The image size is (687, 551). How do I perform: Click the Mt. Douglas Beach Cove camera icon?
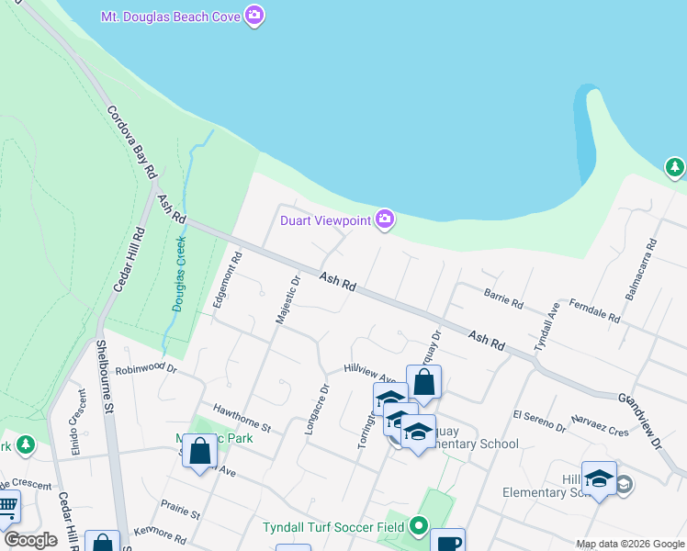point(254,15)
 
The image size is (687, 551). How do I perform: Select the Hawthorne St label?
point(242,416)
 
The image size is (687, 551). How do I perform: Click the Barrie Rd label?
point(503,298)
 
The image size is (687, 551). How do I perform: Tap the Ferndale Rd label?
point(594,309)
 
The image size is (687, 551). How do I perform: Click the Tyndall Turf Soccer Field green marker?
point(419,526)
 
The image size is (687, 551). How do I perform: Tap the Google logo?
point(29,540)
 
